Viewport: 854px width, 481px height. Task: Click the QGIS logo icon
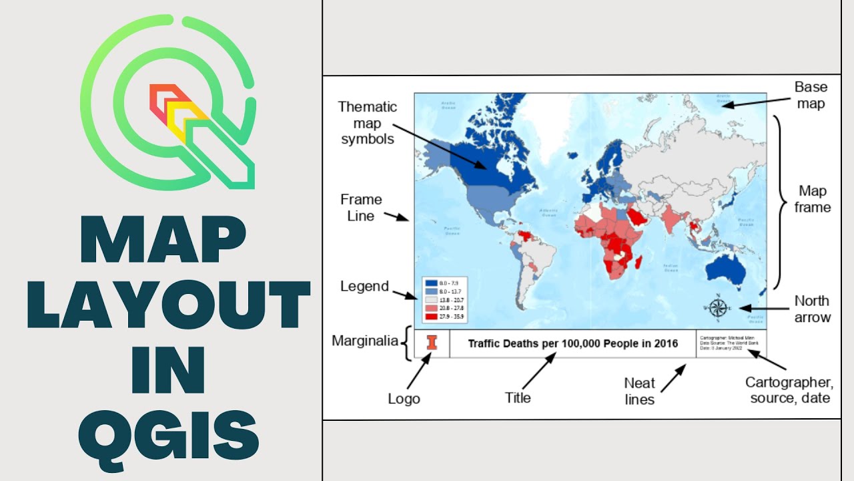pyautogui.click(x=168, y=103)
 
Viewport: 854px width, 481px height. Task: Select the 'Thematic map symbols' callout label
pyautogui.click(x=368, y=122)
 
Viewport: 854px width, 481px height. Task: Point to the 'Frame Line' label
pyautogui.click(x=361, y=207)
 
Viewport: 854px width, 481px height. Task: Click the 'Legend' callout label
pyautogui.click(x=364, y=287)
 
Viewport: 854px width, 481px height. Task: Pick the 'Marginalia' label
pyautogui.click(x=360, y=341)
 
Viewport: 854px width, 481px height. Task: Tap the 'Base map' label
pyautogui.click(x=811, y=95)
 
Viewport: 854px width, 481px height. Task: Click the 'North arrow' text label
pyautogui.click(x=812, y=309)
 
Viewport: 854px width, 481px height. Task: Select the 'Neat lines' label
pyautogui.click(x=639, y=391)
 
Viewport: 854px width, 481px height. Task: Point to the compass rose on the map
pyautogui.click(x=718, y=308)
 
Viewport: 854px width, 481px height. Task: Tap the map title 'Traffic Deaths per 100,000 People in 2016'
pyautogui.click(x=572, y=343)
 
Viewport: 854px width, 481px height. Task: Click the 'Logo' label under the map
pyautogui.click(x=404, y=399)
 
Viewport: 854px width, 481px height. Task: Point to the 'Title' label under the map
pyautogui.click(x=518, y=397)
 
